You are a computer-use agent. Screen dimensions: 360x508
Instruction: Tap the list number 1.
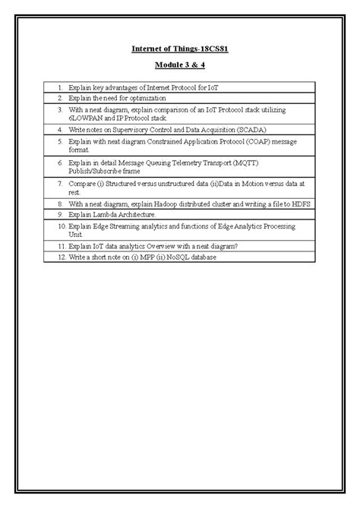pyautogui.click(x=58, y=89)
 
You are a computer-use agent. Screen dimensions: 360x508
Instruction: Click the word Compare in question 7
pyautogui.click(x=84, y=183)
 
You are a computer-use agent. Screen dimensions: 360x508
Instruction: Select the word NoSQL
pyautogui.click(x=172, y=257)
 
